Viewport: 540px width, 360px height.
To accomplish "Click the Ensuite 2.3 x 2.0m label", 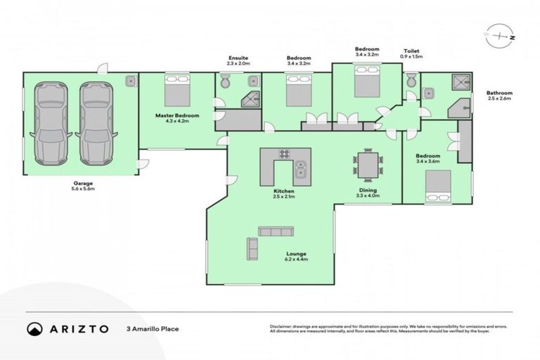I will [x=238, y=60].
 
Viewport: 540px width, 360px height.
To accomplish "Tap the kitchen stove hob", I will [x=285, y=155].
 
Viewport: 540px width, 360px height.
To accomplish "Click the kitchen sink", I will [x=300, y=169].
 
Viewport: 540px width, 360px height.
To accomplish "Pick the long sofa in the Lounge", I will [x=276, y=231].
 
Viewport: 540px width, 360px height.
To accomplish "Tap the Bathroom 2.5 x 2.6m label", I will [x=500, y=96].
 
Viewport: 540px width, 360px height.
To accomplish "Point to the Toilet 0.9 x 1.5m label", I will [x=412, y=54].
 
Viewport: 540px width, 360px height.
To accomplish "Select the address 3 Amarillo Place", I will [x=153, y=328].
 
